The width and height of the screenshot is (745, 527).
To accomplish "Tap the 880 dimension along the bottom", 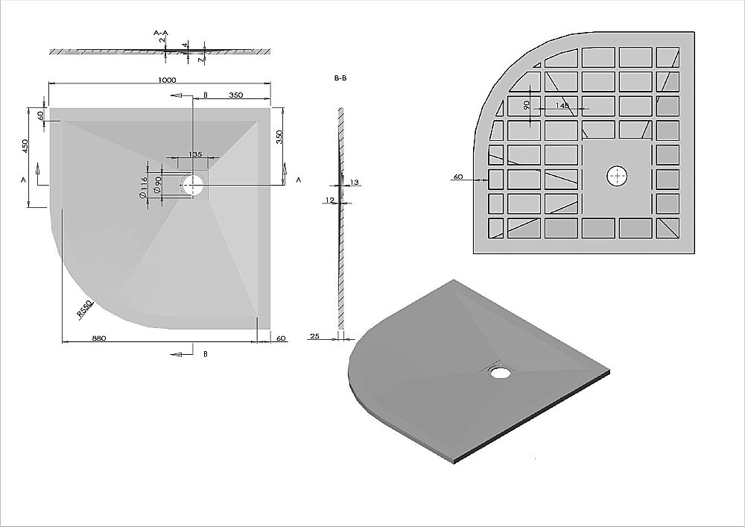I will (x=98, y=338).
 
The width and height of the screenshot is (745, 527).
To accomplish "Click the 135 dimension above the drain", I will (x=195, y=154).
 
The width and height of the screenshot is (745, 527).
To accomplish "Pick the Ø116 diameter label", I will (x=142, y=186).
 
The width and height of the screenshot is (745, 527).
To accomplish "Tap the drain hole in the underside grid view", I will (x=617, y=177).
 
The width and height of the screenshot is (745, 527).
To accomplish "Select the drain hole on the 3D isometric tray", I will (x=499, y=371).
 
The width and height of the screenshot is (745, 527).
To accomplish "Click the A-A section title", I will (x=162, y=34).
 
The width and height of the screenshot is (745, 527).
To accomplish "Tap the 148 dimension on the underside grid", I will (x=562, y=106).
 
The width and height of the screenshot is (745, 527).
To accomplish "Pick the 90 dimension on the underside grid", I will (x=527, y=106).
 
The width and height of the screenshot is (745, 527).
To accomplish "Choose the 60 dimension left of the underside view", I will (x=458, y=177).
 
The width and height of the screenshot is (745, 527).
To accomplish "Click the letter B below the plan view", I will (x=205, y=354).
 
